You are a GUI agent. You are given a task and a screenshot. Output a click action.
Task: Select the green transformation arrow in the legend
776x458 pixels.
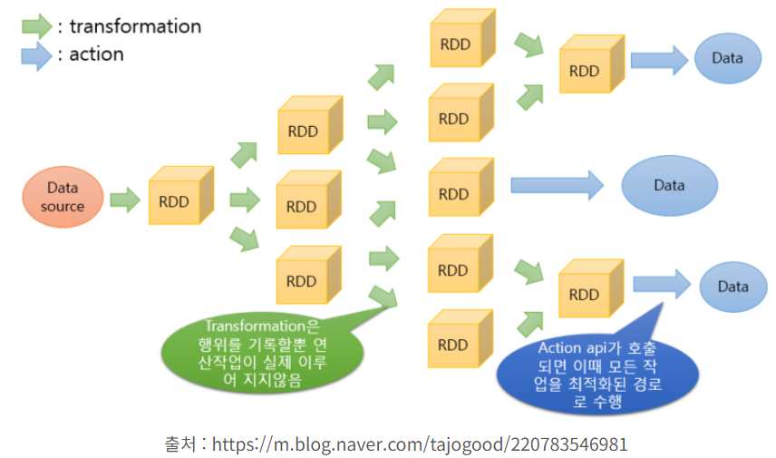[x=35, y=26]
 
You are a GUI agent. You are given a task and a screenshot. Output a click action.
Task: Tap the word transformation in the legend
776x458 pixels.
[x=135, y=26]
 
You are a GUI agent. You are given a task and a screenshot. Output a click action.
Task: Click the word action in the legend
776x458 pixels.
[x=96, y=54]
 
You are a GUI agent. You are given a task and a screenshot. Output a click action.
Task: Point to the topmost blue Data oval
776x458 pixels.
[x=727, y=59]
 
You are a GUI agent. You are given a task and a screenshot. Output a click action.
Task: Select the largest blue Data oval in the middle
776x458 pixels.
[x=669, y=185]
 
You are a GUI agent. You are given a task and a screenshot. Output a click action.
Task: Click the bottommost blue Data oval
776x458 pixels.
[x=732, y=287]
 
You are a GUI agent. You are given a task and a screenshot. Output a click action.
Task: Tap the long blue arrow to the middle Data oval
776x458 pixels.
[x=558, y=186]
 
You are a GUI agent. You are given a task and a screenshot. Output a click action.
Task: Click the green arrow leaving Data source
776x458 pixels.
[x=124, y=199]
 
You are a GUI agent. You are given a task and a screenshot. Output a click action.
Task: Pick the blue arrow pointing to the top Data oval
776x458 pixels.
[x=659, y=60]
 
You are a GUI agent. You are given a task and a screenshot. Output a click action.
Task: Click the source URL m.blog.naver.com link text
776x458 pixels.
[x=417, y=444]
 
